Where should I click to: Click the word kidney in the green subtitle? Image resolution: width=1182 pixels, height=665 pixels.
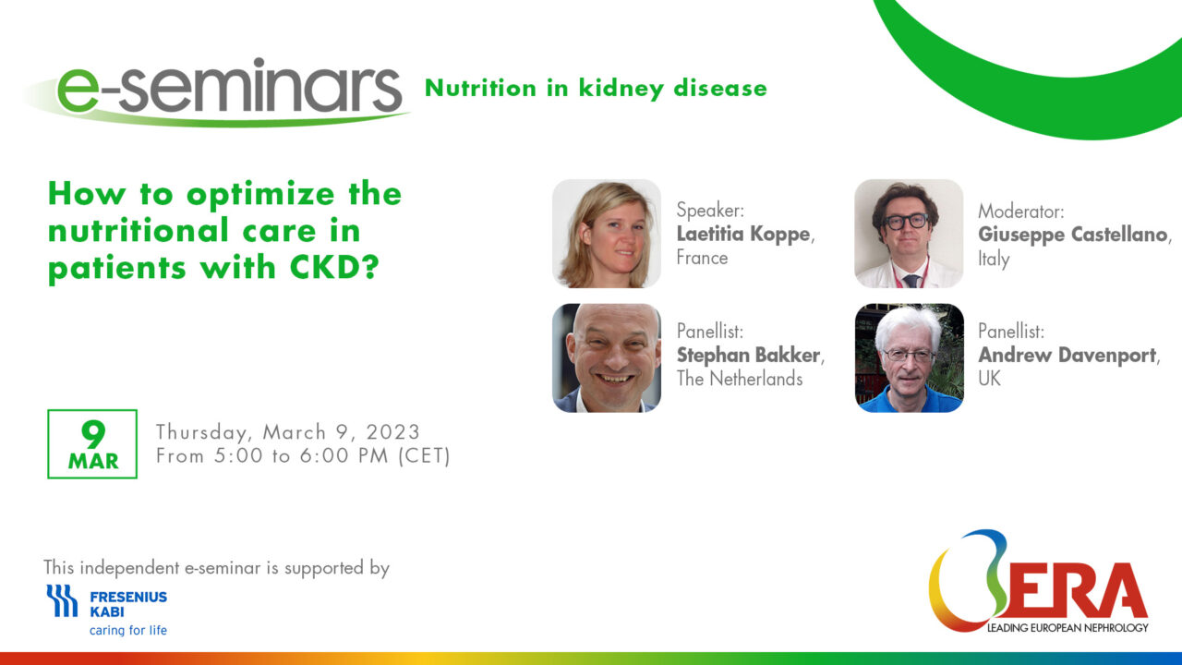click(621, 89)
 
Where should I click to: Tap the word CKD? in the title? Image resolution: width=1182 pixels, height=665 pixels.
click(334, 267)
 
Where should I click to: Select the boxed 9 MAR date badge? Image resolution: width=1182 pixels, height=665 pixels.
click(92, 444)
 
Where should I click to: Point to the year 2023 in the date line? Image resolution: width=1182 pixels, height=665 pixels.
click(393, 431)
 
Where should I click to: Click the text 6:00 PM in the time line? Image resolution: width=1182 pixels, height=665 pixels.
click(344, 455)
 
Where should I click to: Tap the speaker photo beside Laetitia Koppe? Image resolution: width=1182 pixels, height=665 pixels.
click(607, 234)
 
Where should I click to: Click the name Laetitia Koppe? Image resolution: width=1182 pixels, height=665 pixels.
click(743, 234)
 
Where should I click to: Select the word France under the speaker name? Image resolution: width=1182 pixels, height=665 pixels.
click(703, 258)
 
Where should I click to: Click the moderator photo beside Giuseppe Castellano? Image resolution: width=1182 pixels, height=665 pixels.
click(909, 234)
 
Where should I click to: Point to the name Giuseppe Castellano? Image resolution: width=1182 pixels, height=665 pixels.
click(1072, 235)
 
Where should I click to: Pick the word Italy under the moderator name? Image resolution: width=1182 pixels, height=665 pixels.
click(994, 259)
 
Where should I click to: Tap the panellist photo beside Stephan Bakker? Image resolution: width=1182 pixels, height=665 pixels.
click(607, 357)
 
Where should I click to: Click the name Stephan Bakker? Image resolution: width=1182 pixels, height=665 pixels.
click(748, 356)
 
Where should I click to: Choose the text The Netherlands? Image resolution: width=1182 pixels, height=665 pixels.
click(740, 379)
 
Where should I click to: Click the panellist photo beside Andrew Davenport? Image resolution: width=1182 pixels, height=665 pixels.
click(909, 357)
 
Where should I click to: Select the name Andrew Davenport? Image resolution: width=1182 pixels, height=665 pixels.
click(1067, 356)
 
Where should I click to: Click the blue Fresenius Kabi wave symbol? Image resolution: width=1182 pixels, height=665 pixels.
click(62, 600)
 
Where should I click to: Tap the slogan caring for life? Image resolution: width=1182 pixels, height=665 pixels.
click(128, 630)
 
